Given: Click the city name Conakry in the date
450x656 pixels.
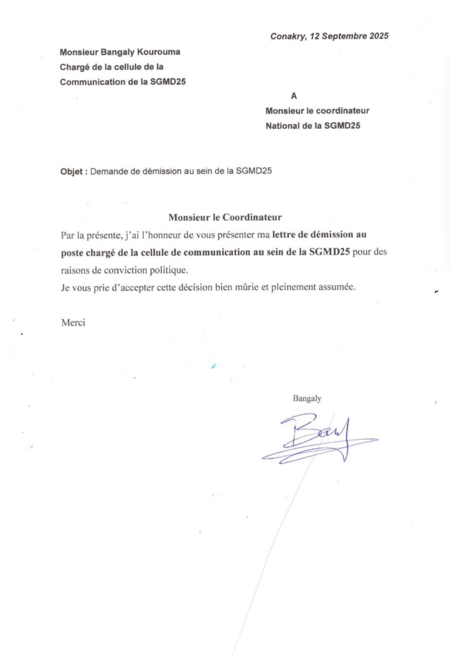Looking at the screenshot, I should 287,36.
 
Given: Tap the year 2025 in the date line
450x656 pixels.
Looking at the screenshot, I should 378,36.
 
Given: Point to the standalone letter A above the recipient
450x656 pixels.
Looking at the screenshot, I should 293,95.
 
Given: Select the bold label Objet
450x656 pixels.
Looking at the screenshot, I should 73,172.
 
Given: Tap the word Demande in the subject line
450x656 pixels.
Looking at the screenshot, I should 109,172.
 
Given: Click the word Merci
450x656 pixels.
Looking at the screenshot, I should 73,322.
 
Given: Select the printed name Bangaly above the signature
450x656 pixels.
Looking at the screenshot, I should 307,398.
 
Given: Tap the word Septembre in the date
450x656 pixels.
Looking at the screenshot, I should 344,36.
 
